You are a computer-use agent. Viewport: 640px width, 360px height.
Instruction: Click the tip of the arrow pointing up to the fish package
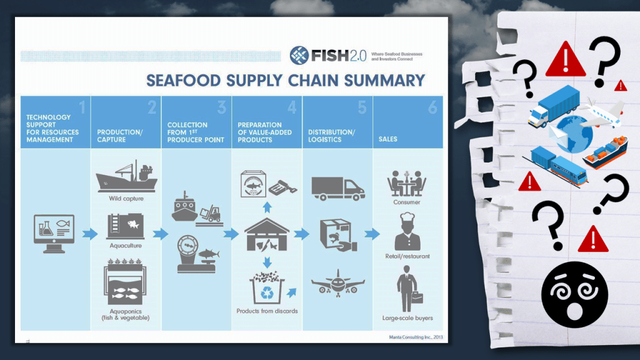point(267,202)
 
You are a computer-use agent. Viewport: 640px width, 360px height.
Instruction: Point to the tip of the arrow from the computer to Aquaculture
point(98,234)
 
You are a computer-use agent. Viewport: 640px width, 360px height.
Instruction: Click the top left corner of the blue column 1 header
point(21,96)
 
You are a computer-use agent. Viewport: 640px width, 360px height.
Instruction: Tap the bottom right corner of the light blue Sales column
point(443,330)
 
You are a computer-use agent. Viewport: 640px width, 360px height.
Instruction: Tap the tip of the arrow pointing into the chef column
point(380,234)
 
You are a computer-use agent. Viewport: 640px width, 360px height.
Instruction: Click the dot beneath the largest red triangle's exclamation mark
point(565,69)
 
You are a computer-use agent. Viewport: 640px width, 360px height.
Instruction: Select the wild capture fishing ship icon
point(126,176)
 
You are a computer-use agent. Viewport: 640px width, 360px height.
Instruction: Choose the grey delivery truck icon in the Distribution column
point(338,189)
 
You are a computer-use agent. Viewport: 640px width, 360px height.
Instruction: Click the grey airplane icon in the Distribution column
point(338,283)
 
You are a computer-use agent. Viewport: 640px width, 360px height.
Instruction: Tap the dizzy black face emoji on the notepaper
point(574,295)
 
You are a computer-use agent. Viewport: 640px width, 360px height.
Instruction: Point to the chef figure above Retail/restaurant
point(407,231)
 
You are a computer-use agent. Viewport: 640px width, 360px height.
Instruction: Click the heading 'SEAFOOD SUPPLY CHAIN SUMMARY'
point(286,81)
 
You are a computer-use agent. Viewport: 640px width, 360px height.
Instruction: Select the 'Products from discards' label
point(267,311)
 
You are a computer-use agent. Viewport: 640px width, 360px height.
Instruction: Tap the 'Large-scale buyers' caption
point(407,318)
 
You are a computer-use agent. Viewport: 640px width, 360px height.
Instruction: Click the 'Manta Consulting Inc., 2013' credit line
point(416,337)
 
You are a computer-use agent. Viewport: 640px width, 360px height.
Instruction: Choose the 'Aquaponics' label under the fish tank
point(126,311)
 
